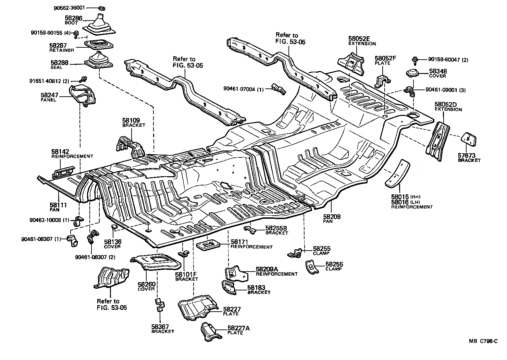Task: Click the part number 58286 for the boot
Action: (x=73, y=18)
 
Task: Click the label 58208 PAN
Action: (x=332, y=217)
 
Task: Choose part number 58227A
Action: (x=238, y=328)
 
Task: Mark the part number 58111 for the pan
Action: (x=58, y=205)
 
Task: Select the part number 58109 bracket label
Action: (x=131, y=121)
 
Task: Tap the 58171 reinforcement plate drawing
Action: (x=207, y=245)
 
